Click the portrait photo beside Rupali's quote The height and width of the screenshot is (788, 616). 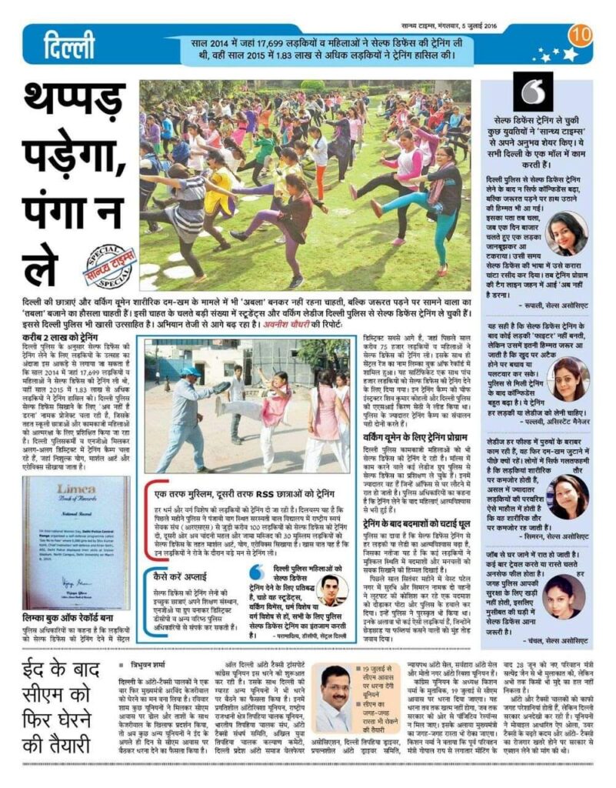click(x=567, y=233)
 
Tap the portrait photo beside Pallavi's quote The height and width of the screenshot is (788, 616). click(x=568, y=379)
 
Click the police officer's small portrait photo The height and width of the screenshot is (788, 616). click(x=331, y=589)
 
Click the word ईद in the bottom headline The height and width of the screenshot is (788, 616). click(x=42, y=674)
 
